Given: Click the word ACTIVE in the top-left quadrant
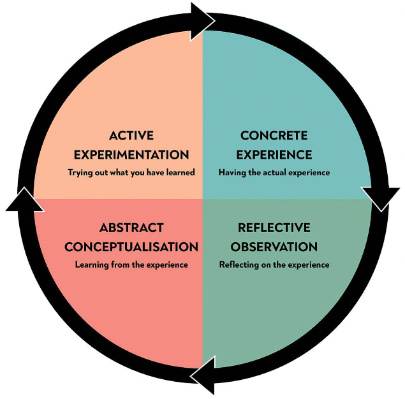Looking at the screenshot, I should click(x=131, y=136).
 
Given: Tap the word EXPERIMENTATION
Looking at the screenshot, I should click(x=131, y=154).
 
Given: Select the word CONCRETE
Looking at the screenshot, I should click(x=274, y=136).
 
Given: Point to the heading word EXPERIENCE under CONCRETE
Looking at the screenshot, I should click(x=274, y=154).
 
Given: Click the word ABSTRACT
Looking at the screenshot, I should click(x=131, y=228).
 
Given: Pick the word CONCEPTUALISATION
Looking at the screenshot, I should click(x=131, y=247).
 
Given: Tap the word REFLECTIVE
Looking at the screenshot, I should click(x=274, y=228).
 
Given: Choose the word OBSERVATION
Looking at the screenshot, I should click(x=274, y=247).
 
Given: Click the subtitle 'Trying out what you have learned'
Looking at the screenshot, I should click(x=131, y=172).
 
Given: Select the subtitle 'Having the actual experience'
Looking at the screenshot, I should click(x=274, y=172).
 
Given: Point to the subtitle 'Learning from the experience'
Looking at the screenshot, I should click(x=131, y=264).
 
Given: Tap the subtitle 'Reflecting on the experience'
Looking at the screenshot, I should click(x=274, y=264).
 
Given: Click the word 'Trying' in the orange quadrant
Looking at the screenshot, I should click(x=80, y=172).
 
